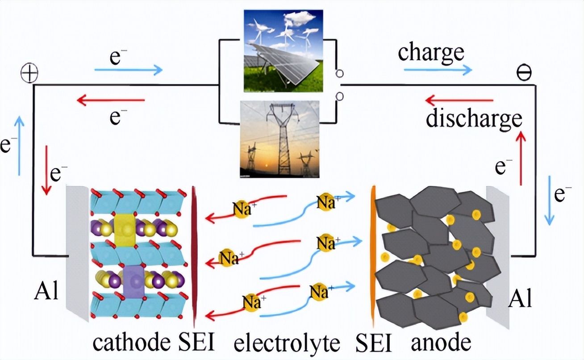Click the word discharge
474,118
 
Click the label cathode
132,343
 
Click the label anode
441,343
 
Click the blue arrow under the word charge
438,70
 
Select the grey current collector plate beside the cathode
77,252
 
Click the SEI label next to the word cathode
196,343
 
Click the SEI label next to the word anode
374,343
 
